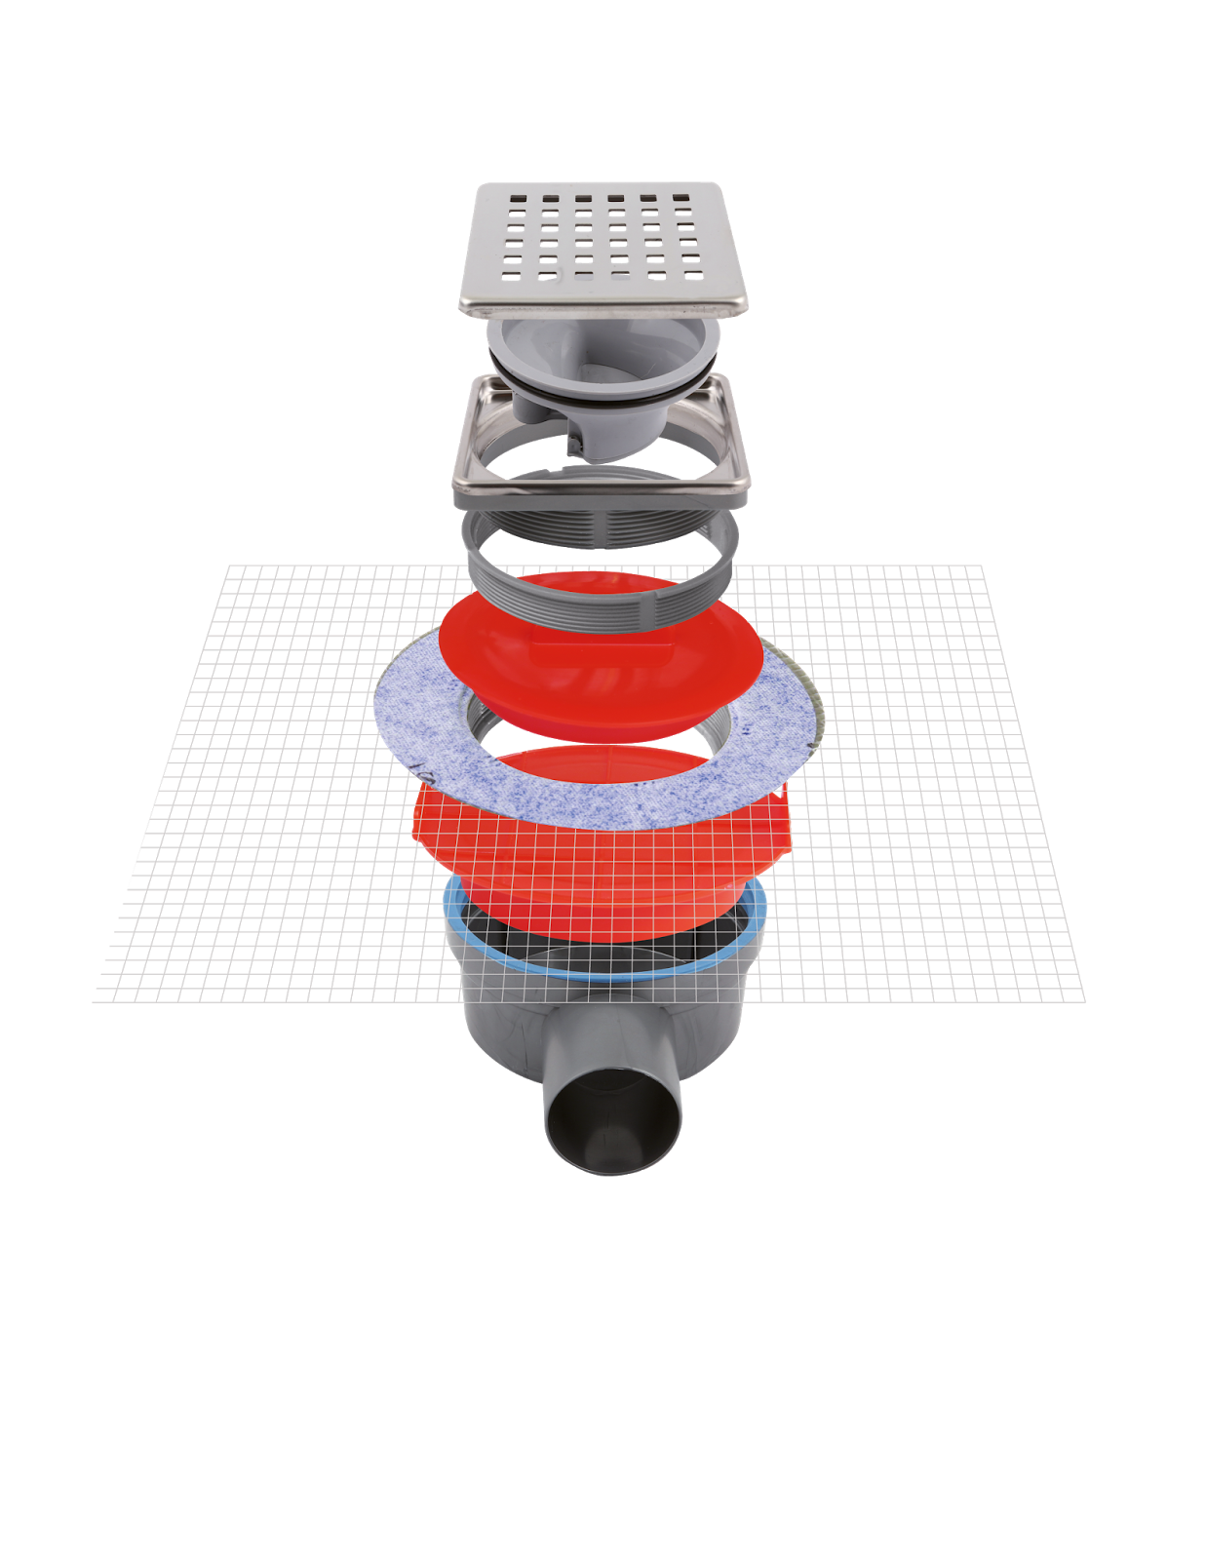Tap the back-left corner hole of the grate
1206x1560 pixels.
pos(518,200)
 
